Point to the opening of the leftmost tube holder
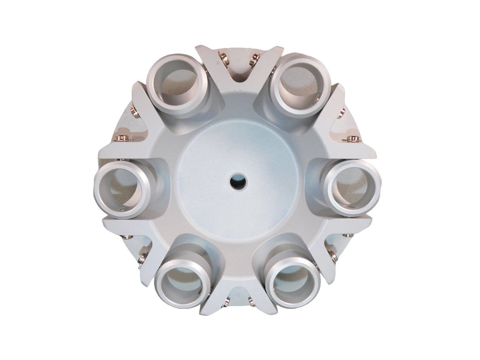tap(122, 189)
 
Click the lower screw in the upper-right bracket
tap(353, 138)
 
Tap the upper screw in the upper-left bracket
tap(133, 113)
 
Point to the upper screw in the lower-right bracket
tap(348, 236)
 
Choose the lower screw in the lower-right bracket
tap(334, 259)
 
